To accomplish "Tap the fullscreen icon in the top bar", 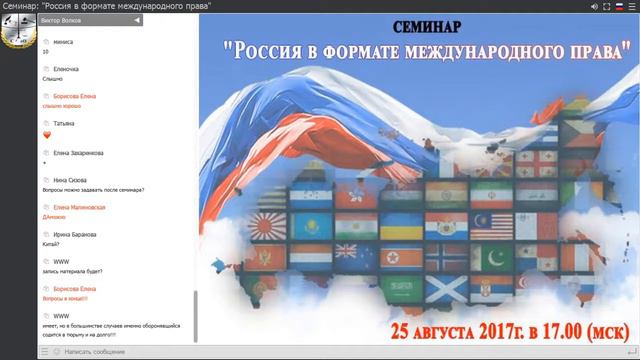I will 593,6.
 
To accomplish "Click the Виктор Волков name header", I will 62,20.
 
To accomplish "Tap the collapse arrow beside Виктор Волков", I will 136,20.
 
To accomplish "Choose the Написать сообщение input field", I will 110,352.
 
